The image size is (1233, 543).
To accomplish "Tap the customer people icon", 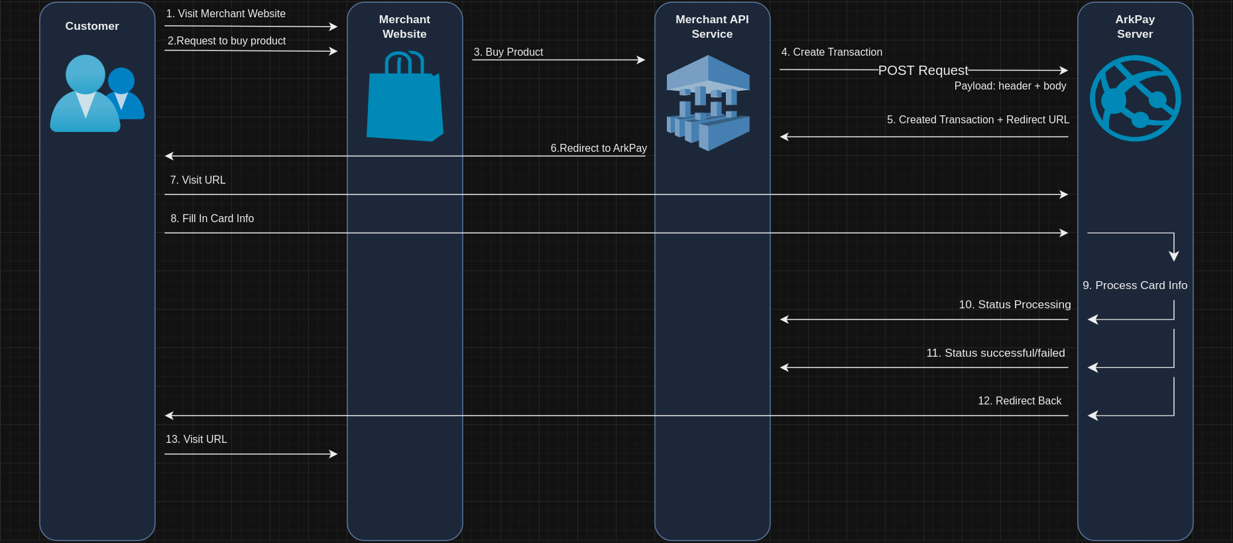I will click(97, 93).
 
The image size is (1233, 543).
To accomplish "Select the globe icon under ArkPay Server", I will click(1135, 98).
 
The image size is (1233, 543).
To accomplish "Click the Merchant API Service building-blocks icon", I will click(708, 103).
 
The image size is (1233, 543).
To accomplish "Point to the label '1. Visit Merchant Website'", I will click(225, 14).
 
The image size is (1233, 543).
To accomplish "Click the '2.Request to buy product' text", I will click(227, 41).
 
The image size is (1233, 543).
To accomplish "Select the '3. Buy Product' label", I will click(508, 52).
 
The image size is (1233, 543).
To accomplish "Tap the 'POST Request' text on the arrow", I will click(923, 70).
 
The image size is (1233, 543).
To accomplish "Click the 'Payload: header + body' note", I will click(1010, 86).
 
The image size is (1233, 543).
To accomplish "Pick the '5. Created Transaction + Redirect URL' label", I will click(978, 120).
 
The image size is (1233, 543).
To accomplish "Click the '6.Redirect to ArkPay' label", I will click(599, 149).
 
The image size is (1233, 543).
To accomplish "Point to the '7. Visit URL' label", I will click(198, 180).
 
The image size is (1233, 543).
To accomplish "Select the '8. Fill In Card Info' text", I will click(212, 219).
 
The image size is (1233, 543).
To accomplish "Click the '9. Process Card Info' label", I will click(1135, 286).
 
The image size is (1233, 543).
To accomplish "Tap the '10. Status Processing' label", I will click(1014, 305).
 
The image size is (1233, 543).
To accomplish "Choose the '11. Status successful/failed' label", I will click(995, 353).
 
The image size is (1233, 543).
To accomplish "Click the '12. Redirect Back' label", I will click(1020, 401).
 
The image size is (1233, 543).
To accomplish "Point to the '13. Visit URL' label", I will click(196, 440).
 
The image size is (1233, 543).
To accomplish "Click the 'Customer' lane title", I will click(92, 27).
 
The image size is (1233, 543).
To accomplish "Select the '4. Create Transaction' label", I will click(831, 52).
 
